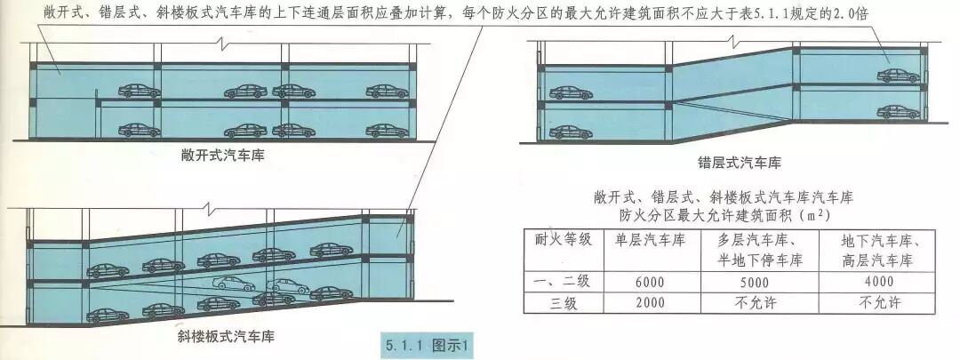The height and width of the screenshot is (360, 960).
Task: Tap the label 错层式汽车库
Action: [739, 164]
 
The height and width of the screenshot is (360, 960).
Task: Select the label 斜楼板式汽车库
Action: [224, 337]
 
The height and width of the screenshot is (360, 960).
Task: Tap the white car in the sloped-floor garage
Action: [234, 284]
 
